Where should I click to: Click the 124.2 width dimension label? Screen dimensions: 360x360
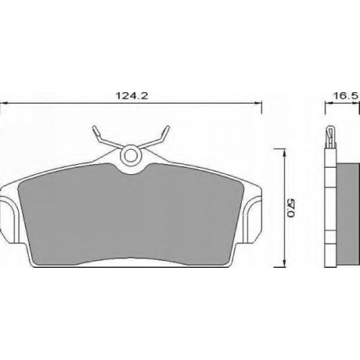pos(132,96)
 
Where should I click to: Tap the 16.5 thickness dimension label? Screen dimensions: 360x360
pos(346,96)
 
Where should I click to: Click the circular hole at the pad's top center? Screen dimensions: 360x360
pos(131,156)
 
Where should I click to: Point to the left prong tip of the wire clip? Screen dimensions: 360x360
pos(95,128)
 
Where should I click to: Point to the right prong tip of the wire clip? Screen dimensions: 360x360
pos(167,128)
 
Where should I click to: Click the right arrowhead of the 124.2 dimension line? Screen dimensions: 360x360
pos(258,103)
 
